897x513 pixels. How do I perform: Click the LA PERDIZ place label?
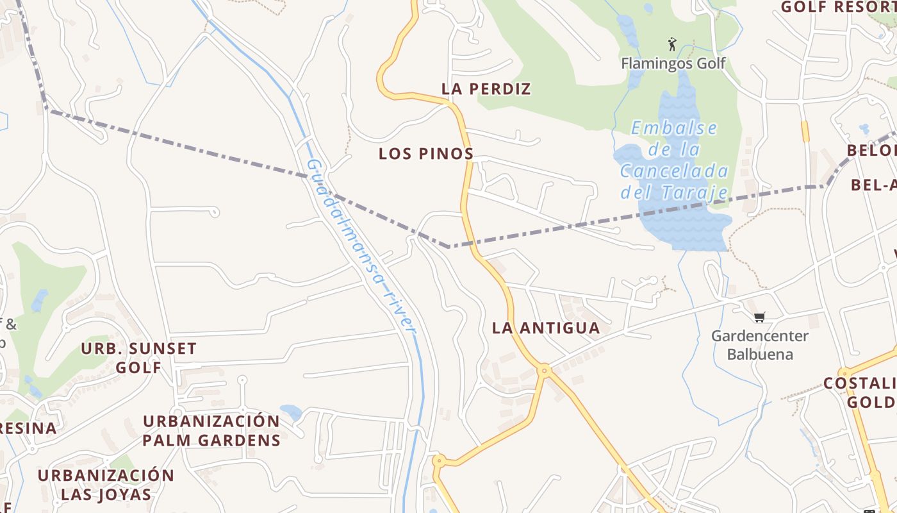486,89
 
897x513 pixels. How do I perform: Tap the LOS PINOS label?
426,154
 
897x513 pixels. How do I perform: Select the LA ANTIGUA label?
546,328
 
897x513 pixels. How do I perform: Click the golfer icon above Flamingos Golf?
671,44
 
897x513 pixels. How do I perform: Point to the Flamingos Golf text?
673,63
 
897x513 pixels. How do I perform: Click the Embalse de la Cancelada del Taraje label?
674,160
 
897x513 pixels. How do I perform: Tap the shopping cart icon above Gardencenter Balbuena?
760,317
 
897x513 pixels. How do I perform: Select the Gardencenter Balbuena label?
760,345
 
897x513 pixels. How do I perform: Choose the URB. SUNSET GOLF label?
139,358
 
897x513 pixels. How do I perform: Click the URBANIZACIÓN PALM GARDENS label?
211,431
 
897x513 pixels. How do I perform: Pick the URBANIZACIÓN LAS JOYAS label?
106,485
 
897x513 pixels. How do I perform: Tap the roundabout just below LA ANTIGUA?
545,370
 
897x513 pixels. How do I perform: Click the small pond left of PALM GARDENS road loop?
291,412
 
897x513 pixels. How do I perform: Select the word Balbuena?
760,354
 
